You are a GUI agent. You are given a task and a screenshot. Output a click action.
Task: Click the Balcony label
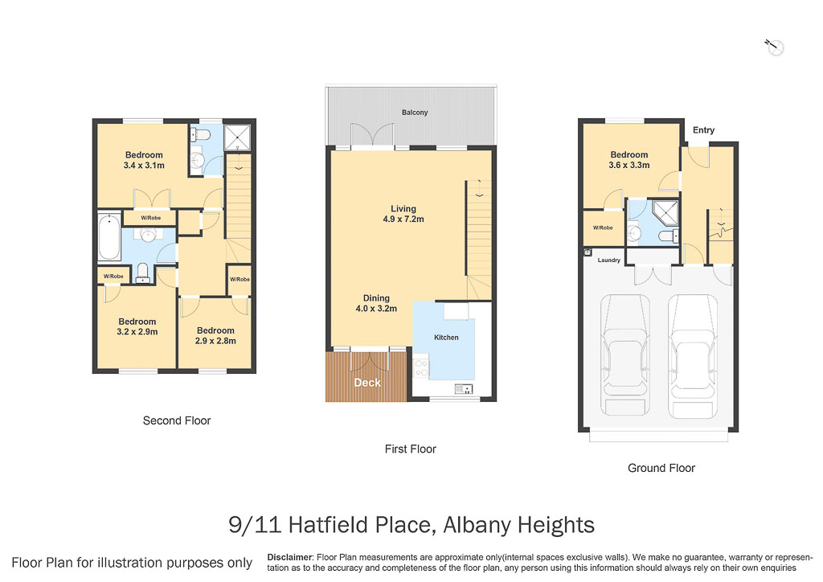point(415,113)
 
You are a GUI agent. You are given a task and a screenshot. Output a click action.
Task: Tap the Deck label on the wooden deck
point(367,383)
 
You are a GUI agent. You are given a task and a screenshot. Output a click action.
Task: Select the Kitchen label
point(446,338)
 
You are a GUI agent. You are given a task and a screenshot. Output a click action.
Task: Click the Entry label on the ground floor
point(703,130)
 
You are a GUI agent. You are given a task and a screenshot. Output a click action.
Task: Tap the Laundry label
point(608,260)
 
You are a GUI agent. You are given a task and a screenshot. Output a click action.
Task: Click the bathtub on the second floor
point(109,236)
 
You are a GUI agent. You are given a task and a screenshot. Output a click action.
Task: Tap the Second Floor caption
point(177,420)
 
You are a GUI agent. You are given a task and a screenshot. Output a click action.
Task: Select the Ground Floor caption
point(661,468)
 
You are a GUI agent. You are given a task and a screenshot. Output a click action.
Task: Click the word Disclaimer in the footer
point(289,557)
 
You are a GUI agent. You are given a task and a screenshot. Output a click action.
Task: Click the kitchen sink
point(464,389)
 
